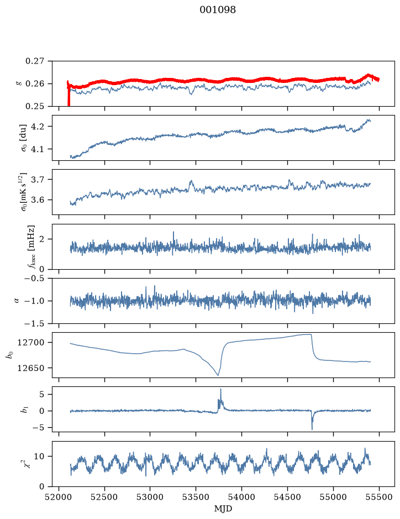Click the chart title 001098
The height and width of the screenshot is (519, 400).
pyautogui.click(x=217, y=10)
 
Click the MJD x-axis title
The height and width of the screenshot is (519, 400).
pyautogui.click(x=223, y=508)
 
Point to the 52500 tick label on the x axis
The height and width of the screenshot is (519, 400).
pyautogui.click(x=104, y=497)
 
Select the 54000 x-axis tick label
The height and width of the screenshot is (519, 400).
pyautogui.click(x=241, y=497)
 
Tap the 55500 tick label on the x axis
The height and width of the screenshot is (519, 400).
pyautogui.click(x=379, y=497)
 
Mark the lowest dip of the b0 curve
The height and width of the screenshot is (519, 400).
pyautogui.click(x=218, y=375)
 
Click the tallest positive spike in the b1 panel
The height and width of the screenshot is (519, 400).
pyautogui.click(x=220, y=389)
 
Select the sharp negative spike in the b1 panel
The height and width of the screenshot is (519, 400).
pyautogui.click(x=312, y=429)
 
